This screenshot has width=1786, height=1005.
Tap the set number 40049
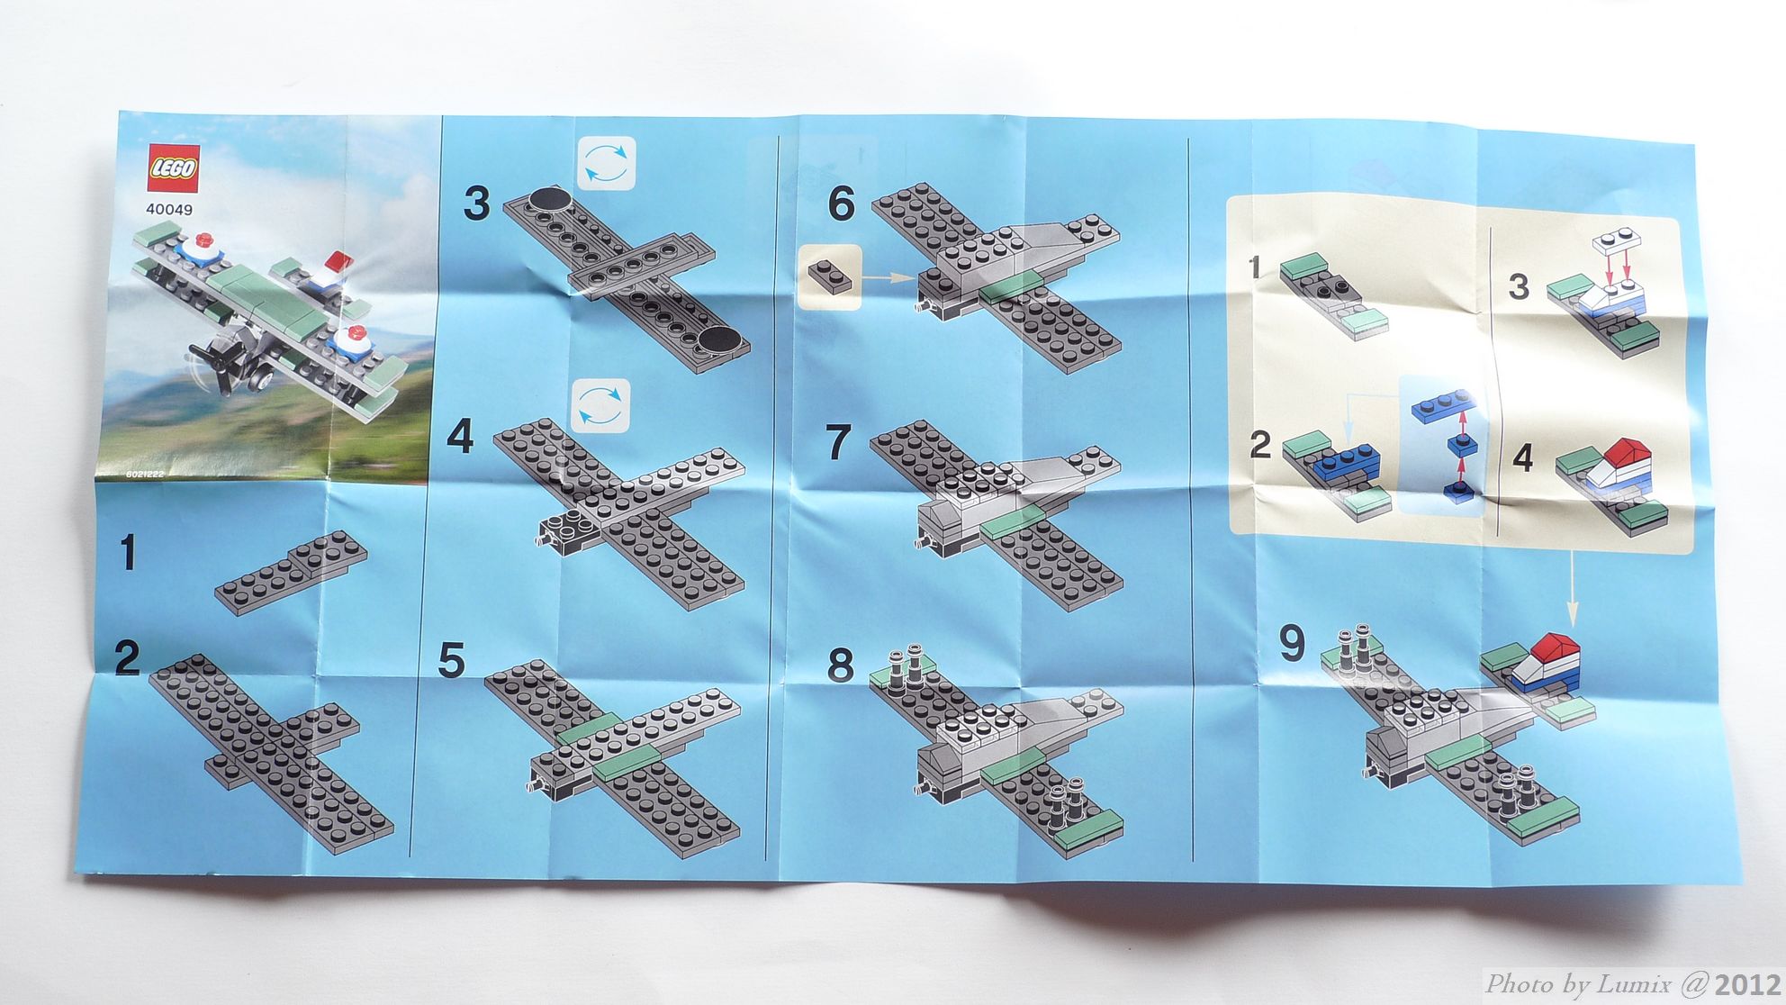(x=169, y=210)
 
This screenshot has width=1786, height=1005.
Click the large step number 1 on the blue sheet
(x=129, y=552)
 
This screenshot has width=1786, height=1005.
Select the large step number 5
(x=451, y=661)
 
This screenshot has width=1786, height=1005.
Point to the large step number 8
(x=840, y=665)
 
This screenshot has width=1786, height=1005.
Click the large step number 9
(x=1292, y=643)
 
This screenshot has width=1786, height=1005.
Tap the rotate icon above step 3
(x=605, y=163)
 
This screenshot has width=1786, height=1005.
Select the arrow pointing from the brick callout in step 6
(x=888, y=279)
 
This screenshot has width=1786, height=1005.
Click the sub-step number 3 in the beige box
(x=1519, y=286)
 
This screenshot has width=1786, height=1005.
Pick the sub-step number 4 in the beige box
(x=1522, y=457)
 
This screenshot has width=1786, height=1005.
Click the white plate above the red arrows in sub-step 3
(x=1617, y=242)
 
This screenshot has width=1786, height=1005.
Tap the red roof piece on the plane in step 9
(x=1550, y=647)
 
